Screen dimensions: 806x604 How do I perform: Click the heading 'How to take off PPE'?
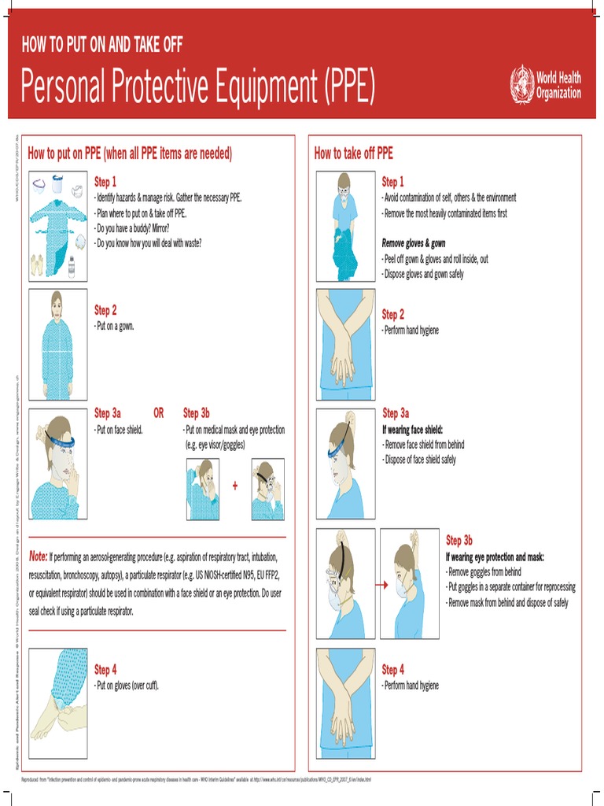click(353, 153)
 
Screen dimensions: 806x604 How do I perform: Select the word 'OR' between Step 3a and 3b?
click(159, 413)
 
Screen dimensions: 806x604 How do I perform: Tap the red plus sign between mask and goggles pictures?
click(234, 486)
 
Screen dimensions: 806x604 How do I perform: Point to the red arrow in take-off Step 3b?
click(382, 586)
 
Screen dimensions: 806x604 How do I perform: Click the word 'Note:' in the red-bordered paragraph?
click(39, 556)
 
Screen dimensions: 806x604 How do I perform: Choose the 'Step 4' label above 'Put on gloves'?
click(105, 670)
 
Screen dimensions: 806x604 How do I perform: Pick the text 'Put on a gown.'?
click(114, 326)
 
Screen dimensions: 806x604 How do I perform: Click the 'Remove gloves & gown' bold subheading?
click(414, 243)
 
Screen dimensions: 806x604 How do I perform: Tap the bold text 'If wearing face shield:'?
click(413, 430)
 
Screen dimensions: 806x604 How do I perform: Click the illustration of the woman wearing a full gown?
click(57, 345)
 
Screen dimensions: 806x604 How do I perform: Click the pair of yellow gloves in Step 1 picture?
click(37, 264)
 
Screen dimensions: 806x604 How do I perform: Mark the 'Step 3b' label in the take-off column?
click(459, 541)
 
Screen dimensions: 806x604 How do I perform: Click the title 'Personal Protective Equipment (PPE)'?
click(198, 87)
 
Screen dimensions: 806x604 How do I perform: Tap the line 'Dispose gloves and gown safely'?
click(423, 274)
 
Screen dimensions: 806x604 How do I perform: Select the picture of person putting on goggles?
click(267, 490)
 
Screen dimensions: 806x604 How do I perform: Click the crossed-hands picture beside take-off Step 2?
click(346, 344)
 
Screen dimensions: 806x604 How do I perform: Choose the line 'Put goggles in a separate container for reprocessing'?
click(510, 587)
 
